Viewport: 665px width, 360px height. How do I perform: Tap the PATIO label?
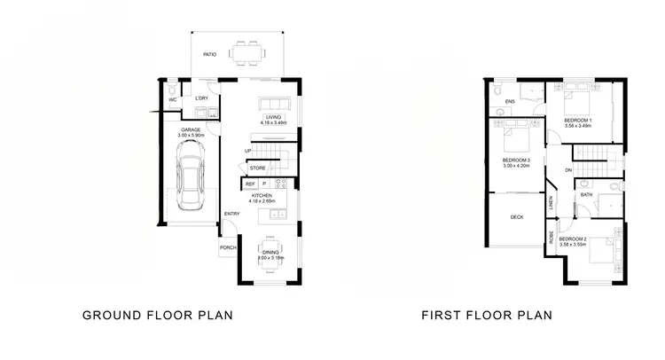[209, 55]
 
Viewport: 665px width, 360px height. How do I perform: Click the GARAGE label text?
[189, 129]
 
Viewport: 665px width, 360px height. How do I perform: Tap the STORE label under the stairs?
[258, 168]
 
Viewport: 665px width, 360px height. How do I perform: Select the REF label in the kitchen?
[250, 184]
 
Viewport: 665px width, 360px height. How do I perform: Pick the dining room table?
[270, 253]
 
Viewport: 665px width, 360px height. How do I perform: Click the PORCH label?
[227, 248]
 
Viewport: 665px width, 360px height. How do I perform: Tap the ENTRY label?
[231, 214]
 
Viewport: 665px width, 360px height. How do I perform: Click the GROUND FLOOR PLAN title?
[157, 314]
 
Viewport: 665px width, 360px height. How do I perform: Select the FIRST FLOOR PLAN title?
[487, 314]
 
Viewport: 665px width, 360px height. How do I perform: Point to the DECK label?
[516, 217]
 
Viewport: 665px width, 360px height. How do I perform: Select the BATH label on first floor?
[586, 195]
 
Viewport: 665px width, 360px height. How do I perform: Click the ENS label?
[510, 102]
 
